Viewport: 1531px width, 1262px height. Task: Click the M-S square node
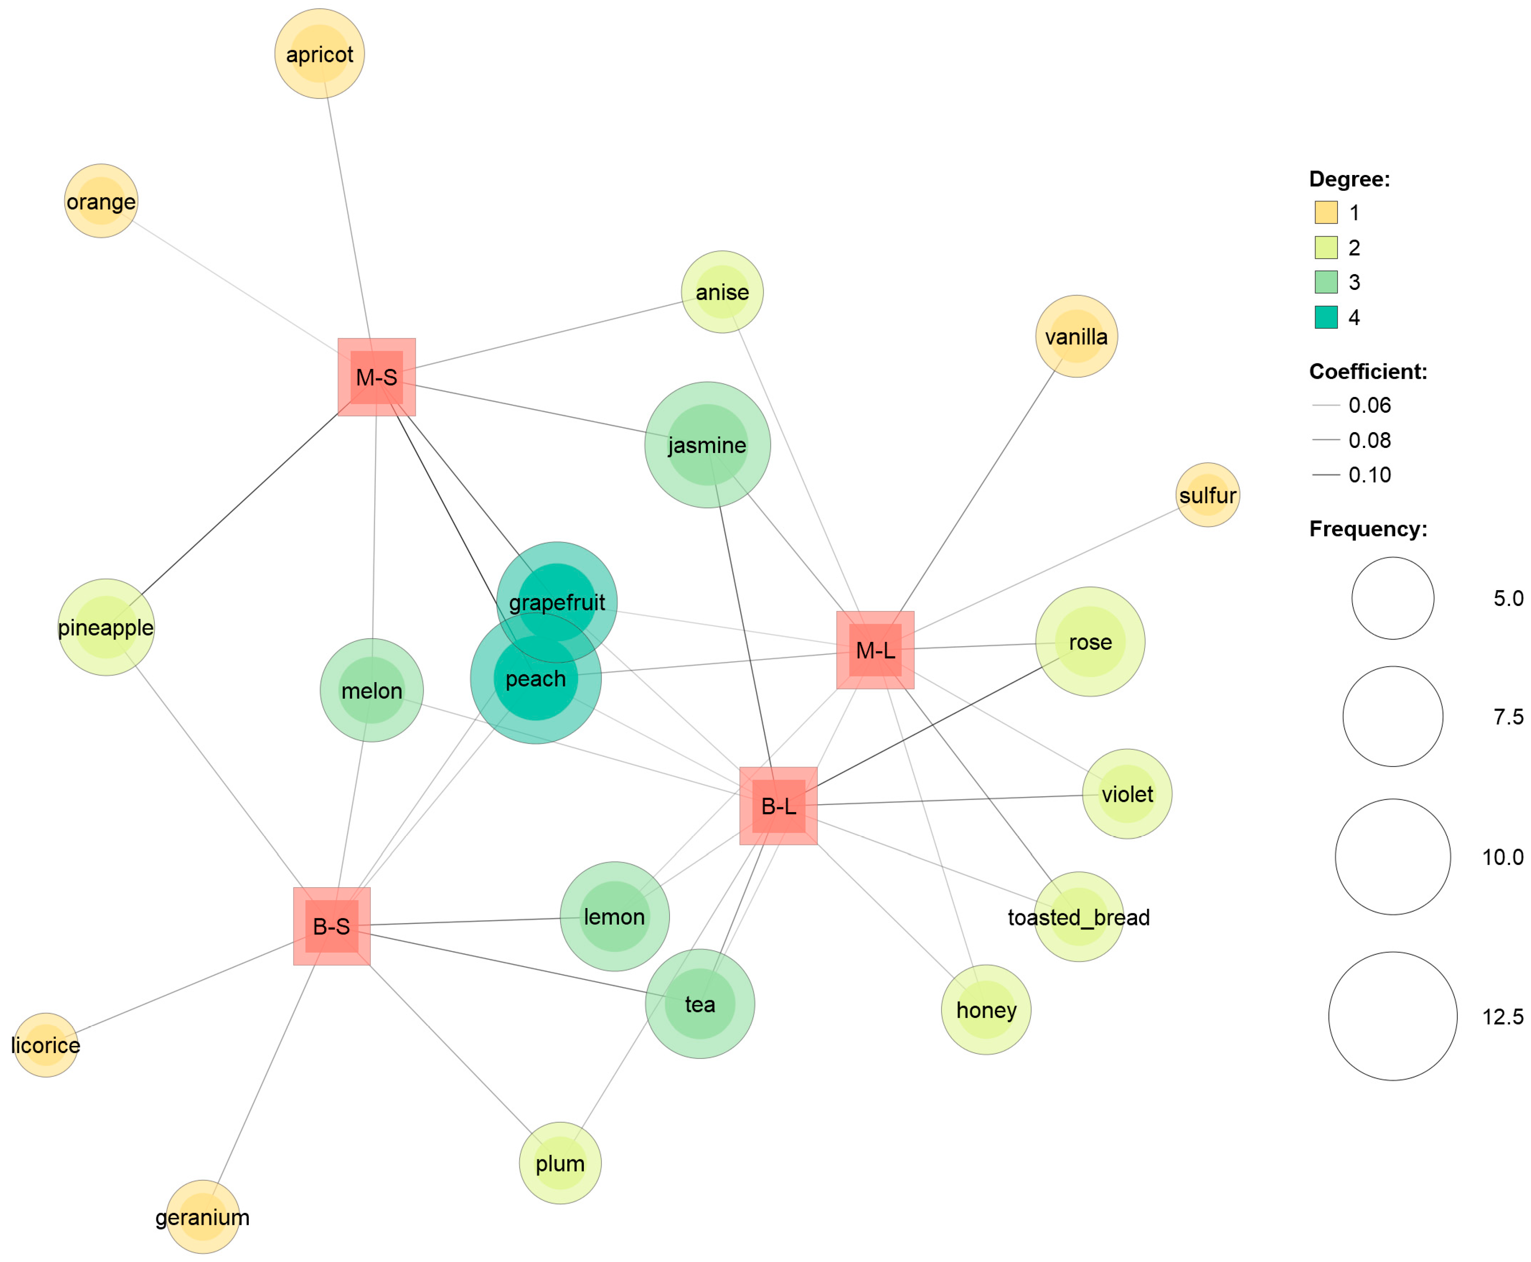[376, 377]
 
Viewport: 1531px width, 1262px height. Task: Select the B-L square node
[778, 806]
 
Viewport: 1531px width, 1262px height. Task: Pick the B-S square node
[332, 926]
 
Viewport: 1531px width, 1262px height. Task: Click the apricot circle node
[320, 54]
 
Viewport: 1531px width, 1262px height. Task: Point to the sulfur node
[1208, 495]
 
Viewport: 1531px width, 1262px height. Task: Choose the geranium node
[203, 1217]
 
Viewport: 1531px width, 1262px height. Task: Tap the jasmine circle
[707, 445]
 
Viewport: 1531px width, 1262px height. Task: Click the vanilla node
[1076, 337]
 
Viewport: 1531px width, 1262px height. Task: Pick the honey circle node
[986, 1010]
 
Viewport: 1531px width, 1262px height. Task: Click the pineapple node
[106, 627]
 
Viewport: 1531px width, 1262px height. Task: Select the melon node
[371, 690]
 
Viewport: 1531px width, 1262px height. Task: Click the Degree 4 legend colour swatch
[1326, 317]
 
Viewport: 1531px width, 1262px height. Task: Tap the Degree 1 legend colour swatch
[1326, 212]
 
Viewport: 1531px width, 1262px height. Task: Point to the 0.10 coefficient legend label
[1370, 475]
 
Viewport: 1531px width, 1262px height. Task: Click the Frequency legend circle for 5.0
[1393, 598]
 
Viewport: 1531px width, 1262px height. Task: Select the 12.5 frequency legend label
[1503, 1016]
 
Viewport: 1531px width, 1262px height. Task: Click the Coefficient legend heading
[1368, 371]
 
